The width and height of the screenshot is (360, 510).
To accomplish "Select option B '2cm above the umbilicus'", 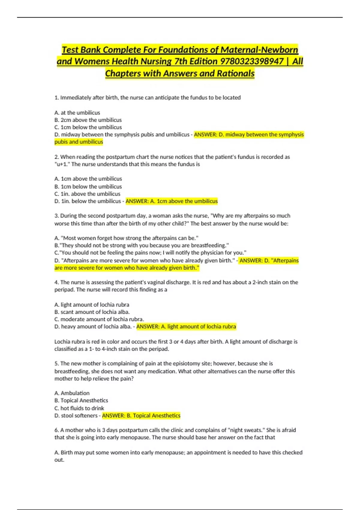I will pos(88,120).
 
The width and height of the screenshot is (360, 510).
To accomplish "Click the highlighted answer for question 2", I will pos(172,201).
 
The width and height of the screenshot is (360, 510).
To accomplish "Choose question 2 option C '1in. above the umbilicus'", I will pos(87,194).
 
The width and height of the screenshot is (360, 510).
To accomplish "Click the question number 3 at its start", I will pos(56,216).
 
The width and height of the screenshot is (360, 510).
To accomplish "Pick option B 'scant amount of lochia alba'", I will pos(92,312).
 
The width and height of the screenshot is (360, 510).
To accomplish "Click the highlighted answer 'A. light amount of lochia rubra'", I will pos(186,327).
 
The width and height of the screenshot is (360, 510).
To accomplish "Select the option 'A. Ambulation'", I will pos(72,393).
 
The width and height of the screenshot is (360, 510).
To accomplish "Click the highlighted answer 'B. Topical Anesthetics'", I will pos(141,416).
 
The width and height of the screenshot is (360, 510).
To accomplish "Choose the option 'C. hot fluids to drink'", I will pos(79,408).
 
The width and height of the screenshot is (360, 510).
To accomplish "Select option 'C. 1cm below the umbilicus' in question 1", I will pos(88,127).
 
